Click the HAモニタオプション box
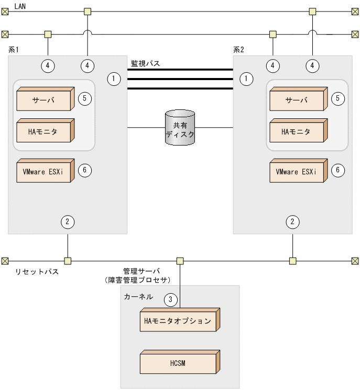(179, 321)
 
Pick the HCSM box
(179, 363)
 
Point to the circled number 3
(170, 299)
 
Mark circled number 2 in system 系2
(292, 221)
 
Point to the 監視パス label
(145, 63)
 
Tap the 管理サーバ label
(138, 272)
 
